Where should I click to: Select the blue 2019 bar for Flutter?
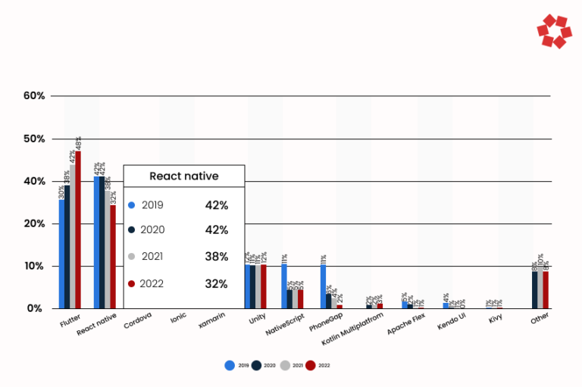tap(61, 254)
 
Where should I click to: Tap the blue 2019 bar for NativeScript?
tap(284, 286)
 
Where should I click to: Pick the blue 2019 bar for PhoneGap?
tap(323, 286)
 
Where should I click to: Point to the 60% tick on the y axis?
tap(34, 96)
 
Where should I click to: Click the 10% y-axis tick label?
tap(34, 267)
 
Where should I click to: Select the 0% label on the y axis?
tap(36, 309)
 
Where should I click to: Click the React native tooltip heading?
tap(184, 176)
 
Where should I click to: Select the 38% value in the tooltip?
tap(216, 257)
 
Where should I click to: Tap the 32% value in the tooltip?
tap(216, 284)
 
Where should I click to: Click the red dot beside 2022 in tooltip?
tap(131, 284)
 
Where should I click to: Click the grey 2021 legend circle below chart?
tap(284, 365)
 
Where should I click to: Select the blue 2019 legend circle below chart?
tap(230, 365)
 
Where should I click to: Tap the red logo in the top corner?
tap(553, 32)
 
